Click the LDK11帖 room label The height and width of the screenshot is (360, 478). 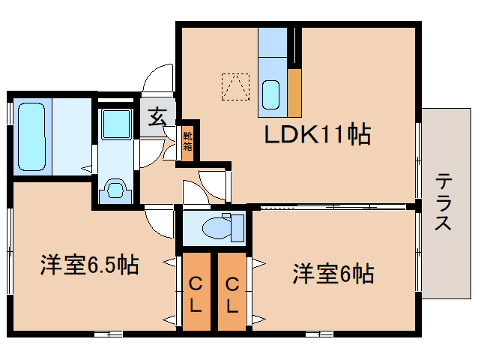[x=315, y=135]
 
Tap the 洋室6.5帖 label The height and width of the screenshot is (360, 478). [x=88, y=265]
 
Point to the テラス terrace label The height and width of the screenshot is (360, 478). [x=444, y=202]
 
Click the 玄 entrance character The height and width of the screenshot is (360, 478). [x=157, y=117]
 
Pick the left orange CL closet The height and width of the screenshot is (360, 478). [x=195, y=292]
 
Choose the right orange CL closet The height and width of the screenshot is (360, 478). [x=232, y=292]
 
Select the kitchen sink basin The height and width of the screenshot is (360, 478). [x=272, y=94]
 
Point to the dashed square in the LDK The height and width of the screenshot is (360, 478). [x=235, y=86]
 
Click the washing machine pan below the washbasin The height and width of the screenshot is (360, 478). [x=115, y=188]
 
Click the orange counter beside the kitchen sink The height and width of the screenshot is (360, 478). [x=294, y=93]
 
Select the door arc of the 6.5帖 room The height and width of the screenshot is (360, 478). [x=159, y=220]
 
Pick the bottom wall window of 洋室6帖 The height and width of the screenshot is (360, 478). [x=318, y=331]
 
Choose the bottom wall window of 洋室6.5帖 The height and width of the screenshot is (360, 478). [x=109, y=332]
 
